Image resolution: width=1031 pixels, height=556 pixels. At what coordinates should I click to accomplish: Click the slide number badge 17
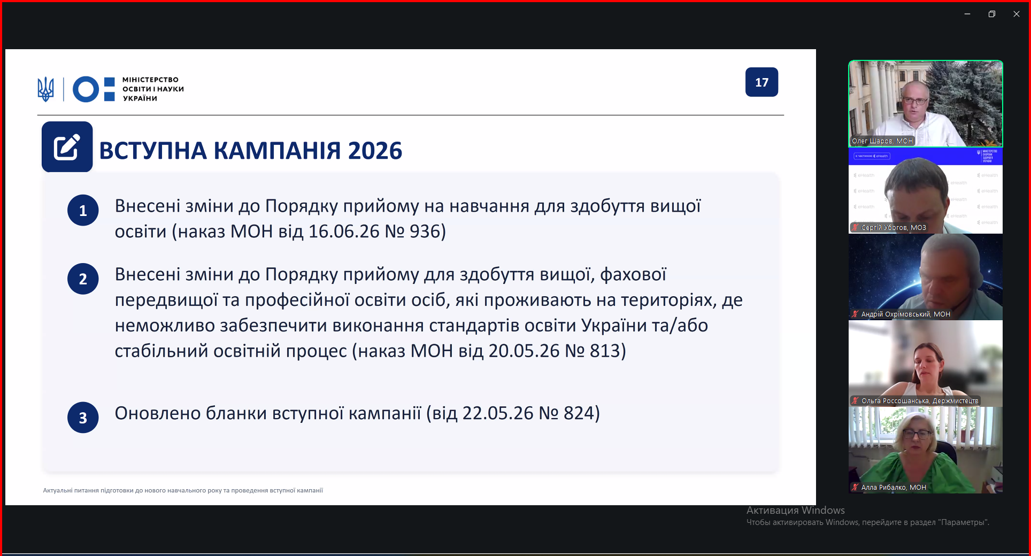coord(761,82)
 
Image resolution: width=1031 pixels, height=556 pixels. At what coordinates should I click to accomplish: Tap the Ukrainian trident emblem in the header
coord(46,89)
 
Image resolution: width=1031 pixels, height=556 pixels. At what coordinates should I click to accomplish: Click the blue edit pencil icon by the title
coord(67,146)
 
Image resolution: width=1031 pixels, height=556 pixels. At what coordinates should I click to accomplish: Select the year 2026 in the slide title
coord(375,151)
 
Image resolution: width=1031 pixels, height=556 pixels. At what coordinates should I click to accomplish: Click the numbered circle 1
coord(83,210)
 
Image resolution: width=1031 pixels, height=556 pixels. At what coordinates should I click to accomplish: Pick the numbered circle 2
coord(83,279)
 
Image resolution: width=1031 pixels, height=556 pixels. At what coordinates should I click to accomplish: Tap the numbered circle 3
coord(83,418)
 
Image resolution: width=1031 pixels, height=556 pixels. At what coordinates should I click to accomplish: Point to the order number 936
coord(425,231)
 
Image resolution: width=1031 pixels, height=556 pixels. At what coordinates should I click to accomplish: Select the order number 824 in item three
coord(579,413)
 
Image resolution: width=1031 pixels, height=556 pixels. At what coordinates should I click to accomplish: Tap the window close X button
coord(1016,14)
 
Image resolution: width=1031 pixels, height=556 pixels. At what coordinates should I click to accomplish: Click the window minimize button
coord(967,14)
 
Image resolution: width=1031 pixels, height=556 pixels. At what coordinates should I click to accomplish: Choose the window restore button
coord(991,14)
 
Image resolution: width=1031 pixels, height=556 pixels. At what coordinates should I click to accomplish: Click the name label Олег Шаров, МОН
coord(882,141)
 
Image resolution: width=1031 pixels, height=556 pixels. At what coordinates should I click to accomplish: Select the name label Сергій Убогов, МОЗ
coord(894,228)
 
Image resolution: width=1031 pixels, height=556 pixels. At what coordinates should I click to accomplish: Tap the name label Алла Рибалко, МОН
coord(894,488)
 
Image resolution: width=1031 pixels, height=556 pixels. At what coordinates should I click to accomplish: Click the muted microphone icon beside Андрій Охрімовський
coord(855,314)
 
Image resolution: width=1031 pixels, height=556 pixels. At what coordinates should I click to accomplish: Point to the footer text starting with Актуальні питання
coord(183,490)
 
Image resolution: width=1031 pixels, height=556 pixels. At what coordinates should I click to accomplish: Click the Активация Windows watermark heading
coord(796,511)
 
